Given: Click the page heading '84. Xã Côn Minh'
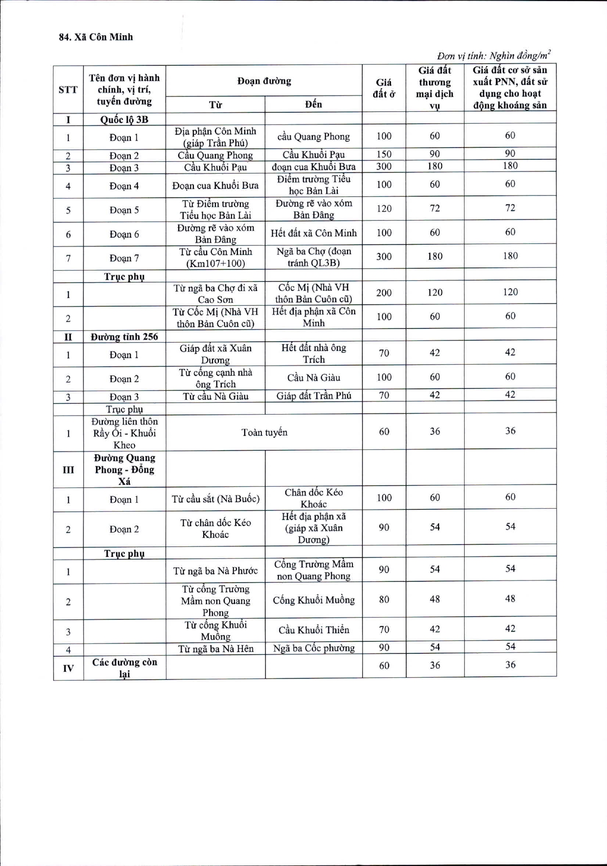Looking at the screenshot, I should click(x=96, y=37).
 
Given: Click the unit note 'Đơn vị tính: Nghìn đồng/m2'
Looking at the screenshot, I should click(x=493, y=55).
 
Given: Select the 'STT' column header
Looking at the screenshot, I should click(x=68, y=90).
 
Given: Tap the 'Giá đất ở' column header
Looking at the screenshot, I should click(x=384, y=88).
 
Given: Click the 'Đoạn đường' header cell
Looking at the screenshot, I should click(x=264, y=81).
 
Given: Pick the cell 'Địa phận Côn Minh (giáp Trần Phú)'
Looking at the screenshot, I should click(x=215, y=137).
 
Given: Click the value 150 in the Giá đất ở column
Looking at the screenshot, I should click(x=384, y=154).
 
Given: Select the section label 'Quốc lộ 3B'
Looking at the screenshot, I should click(x=124, y=120).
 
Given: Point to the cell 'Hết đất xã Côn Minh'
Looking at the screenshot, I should click(x=313, y=233).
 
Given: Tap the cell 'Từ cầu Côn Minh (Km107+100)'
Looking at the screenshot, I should click(x=215, y=257).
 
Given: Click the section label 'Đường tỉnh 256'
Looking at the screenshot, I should click(x=124, y=337).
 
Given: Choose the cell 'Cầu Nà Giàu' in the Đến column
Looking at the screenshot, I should click(x=313, y=378).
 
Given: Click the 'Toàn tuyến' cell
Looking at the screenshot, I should click(x=264, y=432).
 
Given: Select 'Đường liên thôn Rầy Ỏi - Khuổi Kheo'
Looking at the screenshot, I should click(x=124, y=433).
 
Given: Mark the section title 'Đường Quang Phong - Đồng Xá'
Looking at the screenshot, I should click(x=124, y=470).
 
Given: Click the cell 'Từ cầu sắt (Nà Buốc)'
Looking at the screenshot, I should click(x=215, y=499).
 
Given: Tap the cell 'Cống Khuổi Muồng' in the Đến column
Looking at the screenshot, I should click(x=313, y=600).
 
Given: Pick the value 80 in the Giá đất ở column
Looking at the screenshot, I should click(x=384, y=599).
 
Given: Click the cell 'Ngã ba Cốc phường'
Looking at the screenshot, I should click(x=313, y=648).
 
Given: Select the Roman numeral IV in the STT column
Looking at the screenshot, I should click(x=68, y=668).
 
